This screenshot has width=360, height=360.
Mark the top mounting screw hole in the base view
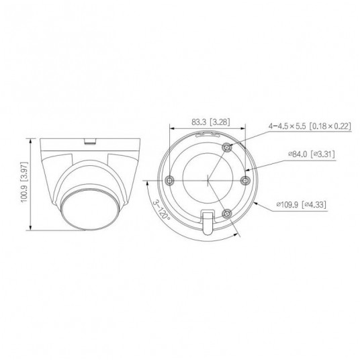click(x=228, y=147)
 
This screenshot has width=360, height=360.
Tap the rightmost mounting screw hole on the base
click(x=244, y=179)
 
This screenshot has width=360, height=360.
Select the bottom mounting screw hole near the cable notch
click(x=228, y=213)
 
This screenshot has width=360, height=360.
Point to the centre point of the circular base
click(x=208, y=180)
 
